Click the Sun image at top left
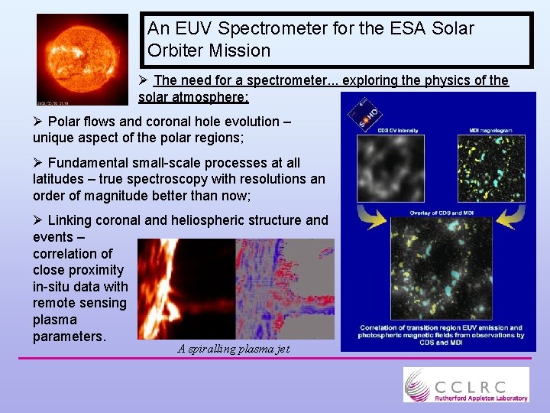coord(82,59)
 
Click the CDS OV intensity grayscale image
coord(390,168)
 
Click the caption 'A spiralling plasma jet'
coord(234,349)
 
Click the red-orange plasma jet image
coord(186,288)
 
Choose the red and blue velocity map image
coord(285,288)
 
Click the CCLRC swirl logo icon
coord(418,384)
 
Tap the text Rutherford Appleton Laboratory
coord(480,398)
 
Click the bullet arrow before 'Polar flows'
coord(38,122)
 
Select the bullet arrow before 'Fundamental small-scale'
coord(38,163)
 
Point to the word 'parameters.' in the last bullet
coord(69,337)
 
